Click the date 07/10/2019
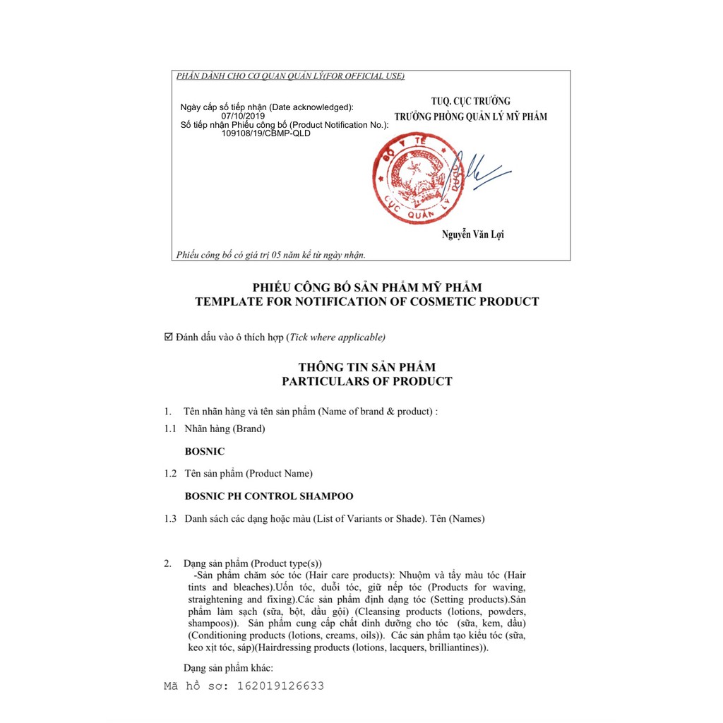[243, 116]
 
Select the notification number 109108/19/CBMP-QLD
[265, 133]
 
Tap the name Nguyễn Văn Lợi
[474, 234]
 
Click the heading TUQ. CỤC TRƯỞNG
[471, 101]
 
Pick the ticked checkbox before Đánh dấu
[168, 337]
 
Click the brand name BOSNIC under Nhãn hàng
[205, 450]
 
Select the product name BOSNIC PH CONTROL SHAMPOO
[269, 496]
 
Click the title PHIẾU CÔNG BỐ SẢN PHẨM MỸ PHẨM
[367, 287]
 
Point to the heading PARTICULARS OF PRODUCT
[367, 381]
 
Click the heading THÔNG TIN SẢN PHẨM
[367, 367]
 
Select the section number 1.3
[170, 519]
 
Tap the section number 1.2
[170, 473]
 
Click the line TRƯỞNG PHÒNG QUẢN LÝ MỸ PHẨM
[471, 116]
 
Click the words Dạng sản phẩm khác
[228, 668]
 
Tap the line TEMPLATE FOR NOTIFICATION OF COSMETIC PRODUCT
[367, 301]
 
